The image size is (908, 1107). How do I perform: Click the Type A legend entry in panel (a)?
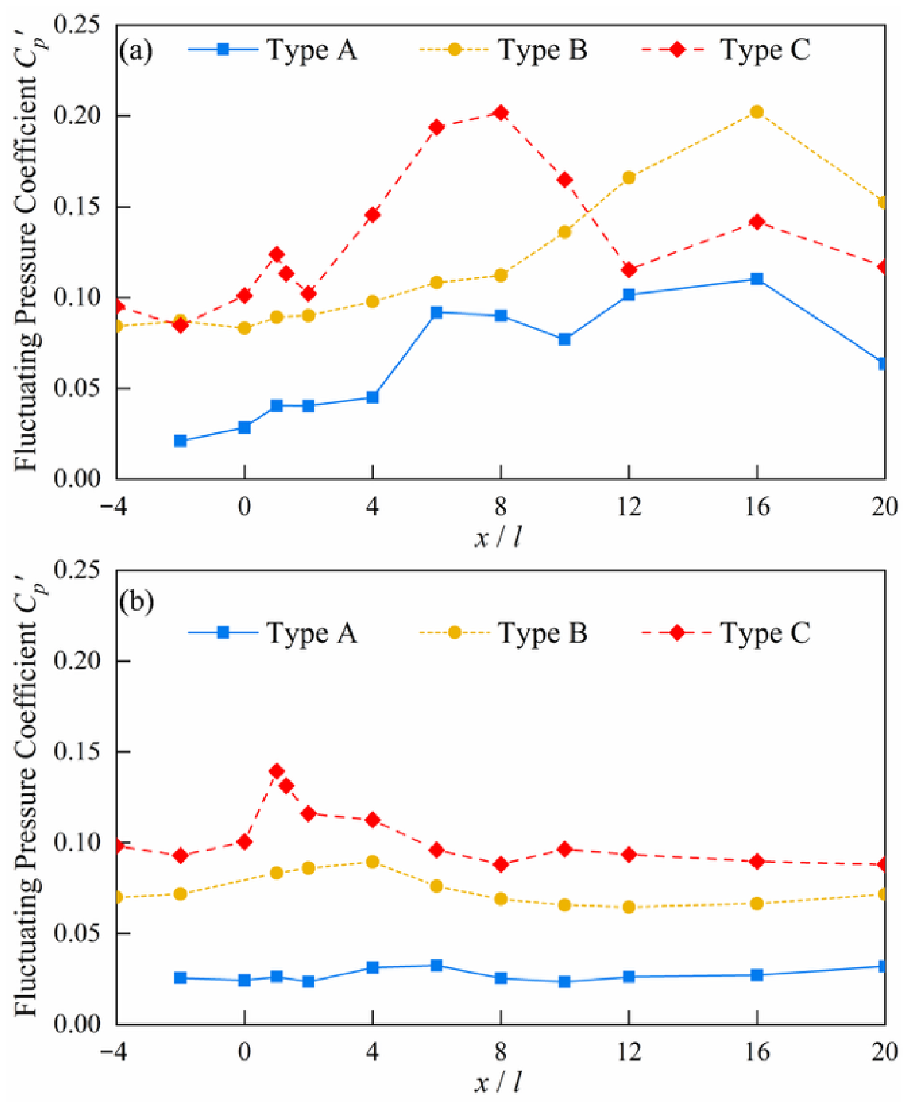[272, 50]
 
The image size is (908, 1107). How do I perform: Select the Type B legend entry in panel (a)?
[503, 50]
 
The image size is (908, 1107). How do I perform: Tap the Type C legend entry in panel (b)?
[726, 633]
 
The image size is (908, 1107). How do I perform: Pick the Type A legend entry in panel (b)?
[272, 633]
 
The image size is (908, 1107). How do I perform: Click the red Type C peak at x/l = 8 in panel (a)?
[501, 113]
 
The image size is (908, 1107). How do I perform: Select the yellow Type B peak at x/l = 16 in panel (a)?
[757, 112]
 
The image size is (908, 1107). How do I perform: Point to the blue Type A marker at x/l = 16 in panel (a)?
[757, 279]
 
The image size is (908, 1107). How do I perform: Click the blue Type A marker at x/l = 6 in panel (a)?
[437, 313]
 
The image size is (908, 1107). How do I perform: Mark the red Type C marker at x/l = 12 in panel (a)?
[629, 270]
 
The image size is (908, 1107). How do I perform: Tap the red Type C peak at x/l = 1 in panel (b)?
[277, 771]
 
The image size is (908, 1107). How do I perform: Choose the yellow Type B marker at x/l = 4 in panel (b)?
[373, 862]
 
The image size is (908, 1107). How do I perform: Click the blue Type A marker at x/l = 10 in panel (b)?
[565, 981]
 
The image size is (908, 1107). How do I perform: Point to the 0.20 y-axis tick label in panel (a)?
[76, 115]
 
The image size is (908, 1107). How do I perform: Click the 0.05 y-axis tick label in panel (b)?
[76, 933]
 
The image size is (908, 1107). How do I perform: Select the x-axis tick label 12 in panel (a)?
[629, 507]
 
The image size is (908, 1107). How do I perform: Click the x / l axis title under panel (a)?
[498, 538]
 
